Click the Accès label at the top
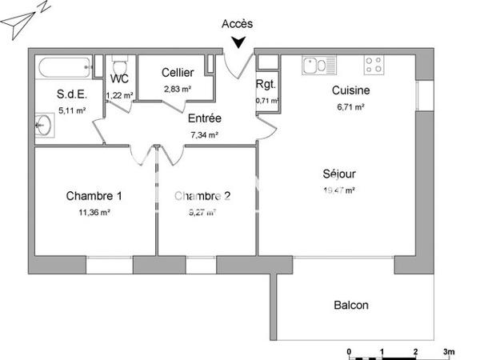click(x=236, y=25)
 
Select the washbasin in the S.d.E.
click(x=42, y=125)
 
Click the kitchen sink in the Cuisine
click(x=314, y=63)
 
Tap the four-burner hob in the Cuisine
click(x=374, y=63)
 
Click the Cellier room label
click(x=177, y=73)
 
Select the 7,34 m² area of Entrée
click(x=205, y=135)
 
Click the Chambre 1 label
click(x=94, y=196)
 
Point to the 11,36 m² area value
click(x=94, y=213)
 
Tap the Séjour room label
click(x=339, y=174)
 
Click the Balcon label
click(x=351, y=305)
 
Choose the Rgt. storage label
click(x=266, y=85)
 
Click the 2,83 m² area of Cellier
click(x=178, y=89)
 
